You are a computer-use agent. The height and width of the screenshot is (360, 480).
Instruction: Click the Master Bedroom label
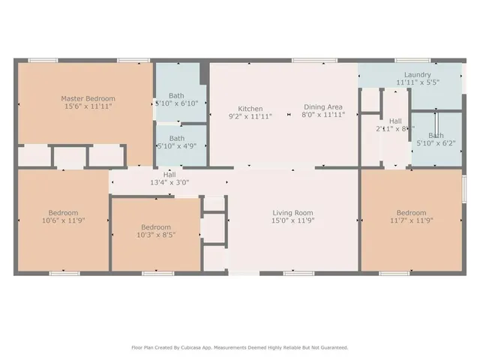pos(88,98)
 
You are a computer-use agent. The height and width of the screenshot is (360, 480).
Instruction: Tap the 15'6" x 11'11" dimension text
pos(88,107)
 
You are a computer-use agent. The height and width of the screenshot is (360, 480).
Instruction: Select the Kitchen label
pos(250,108)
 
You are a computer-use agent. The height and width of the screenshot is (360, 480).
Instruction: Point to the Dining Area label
pos(323,107)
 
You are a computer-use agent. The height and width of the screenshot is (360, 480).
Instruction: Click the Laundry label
pos(417,74)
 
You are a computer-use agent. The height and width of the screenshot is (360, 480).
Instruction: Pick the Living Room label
pos(292,212)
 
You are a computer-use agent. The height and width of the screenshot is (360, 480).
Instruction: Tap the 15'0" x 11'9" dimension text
pos(292,221)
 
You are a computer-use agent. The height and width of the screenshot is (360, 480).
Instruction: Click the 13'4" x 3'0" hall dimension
pos(169,182)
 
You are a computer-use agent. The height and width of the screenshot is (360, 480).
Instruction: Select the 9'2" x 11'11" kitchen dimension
pos(250,117)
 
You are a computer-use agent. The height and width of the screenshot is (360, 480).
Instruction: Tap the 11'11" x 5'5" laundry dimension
pos(417,82)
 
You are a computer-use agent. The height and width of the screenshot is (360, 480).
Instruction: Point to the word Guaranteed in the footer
pos(331,347)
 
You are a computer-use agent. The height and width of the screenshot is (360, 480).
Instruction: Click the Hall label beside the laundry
pos(395,120)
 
